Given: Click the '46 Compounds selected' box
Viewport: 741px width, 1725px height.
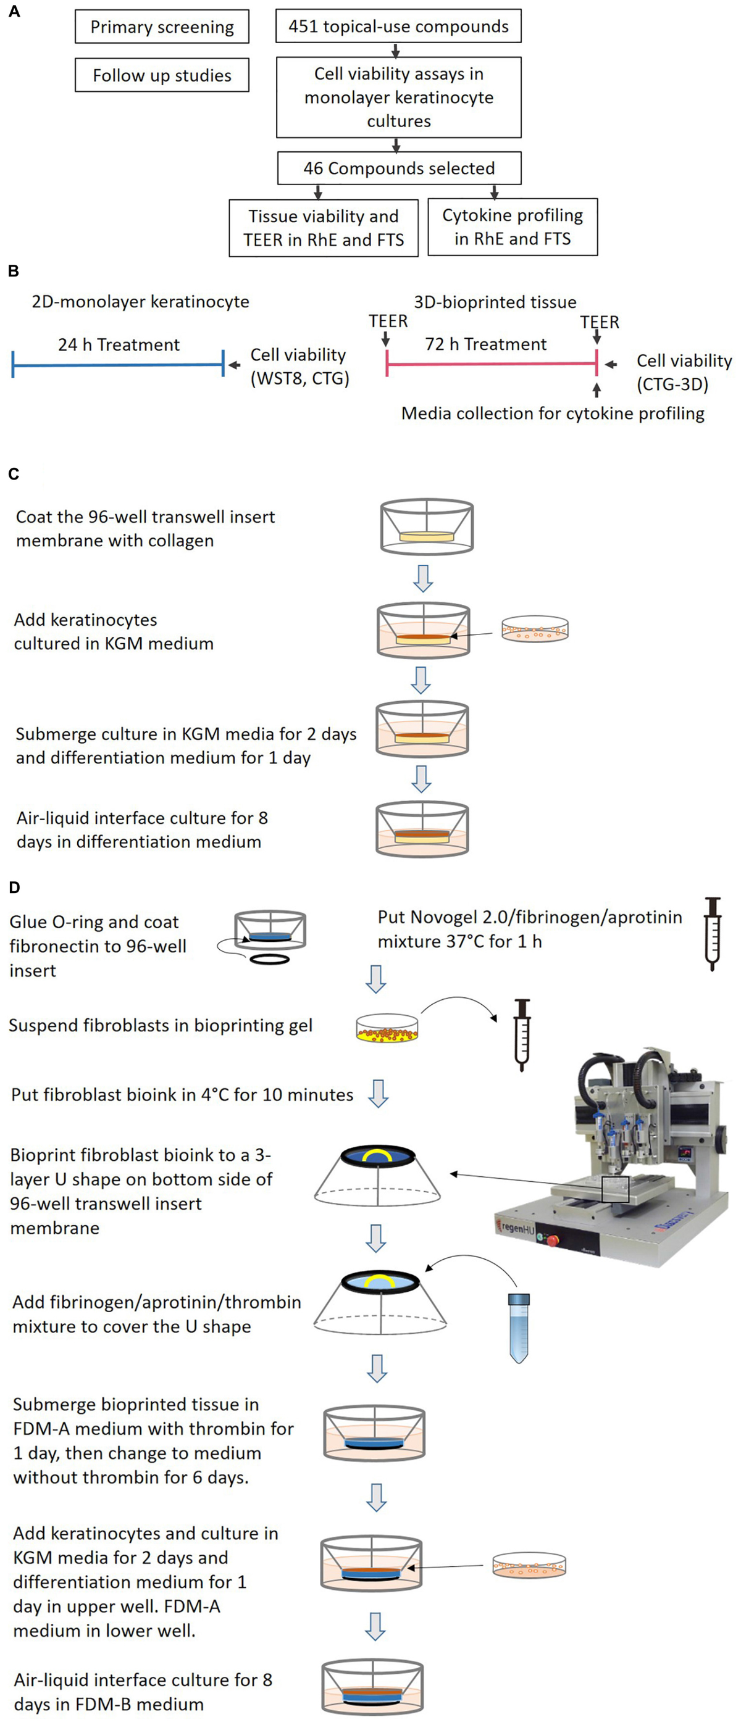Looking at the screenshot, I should coord(399,168).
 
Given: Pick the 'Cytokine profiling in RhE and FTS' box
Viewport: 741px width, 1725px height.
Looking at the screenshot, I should coord(513,227).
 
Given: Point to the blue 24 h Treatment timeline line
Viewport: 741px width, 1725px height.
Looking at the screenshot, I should coord(118,365).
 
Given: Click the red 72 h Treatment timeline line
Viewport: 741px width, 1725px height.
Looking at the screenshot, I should coord(491,364).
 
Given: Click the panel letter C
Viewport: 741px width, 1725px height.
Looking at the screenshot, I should coord(14,474).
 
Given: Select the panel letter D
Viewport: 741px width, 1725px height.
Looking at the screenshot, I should coord(14,888).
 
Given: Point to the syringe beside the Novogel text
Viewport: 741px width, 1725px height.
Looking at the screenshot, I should coord(712,934).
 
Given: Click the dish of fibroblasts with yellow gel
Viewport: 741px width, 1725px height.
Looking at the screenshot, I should coord(387,1028).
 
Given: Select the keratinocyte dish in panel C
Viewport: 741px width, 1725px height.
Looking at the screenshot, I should coord(535,630).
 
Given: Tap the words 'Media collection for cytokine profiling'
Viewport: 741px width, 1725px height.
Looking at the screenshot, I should coord(552,413).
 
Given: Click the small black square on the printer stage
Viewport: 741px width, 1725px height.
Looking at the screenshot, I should coord(615,1189).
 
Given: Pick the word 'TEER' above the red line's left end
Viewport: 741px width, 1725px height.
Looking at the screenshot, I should coord(388,321).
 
